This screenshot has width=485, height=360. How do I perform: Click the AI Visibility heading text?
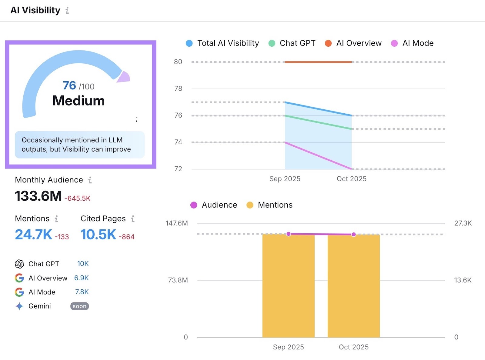(35, 10)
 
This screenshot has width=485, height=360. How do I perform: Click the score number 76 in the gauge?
(69, 85)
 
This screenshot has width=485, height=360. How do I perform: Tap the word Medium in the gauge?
(79, 101)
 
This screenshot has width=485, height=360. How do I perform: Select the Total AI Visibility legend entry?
(228, 43)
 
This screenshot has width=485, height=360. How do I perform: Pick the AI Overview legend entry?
(359, 43)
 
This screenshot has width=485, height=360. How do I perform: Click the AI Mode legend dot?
(394, 43)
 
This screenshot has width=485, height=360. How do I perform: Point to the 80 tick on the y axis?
(178, 62)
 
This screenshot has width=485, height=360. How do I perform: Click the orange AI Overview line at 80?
(318, 62)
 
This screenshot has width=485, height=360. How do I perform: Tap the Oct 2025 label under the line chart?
(351, 179)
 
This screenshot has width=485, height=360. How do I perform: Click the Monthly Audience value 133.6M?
(38, 196)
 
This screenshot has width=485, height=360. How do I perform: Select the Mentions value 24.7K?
(34, 235)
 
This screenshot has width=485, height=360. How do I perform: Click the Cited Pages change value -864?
(126, 237)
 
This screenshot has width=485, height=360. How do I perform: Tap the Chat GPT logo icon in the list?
(19, 264)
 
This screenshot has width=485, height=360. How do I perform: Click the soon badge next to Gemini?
(79, 306)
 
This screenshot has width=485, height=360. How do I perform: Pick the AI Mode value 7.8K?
(82, 292)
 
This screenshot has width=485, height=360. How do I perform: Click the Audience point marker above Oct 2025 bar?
(353, 234)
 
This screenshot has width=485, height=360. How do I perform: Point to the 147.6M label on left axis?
(177, 223)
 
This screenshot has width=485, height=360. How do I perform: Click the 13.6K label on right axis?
(463, 280)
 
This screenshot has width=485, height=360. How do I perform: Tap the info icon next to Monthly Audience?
(90, 180)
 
